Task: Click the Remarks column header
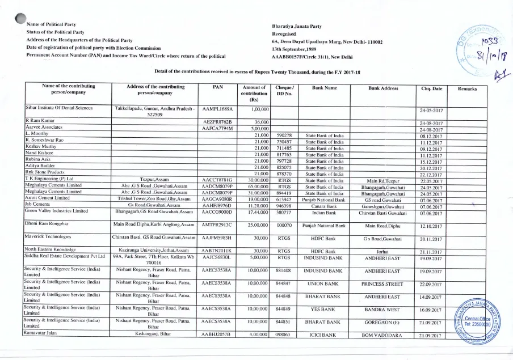[x=466, y=89]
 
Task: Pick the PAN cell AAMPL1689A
[x=218, y=108]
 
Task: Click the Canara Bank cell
[x=324, y=206]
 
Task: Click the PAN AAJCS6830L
[x=218, y=256]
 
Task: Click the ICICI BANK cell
[x=324, y=335]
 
